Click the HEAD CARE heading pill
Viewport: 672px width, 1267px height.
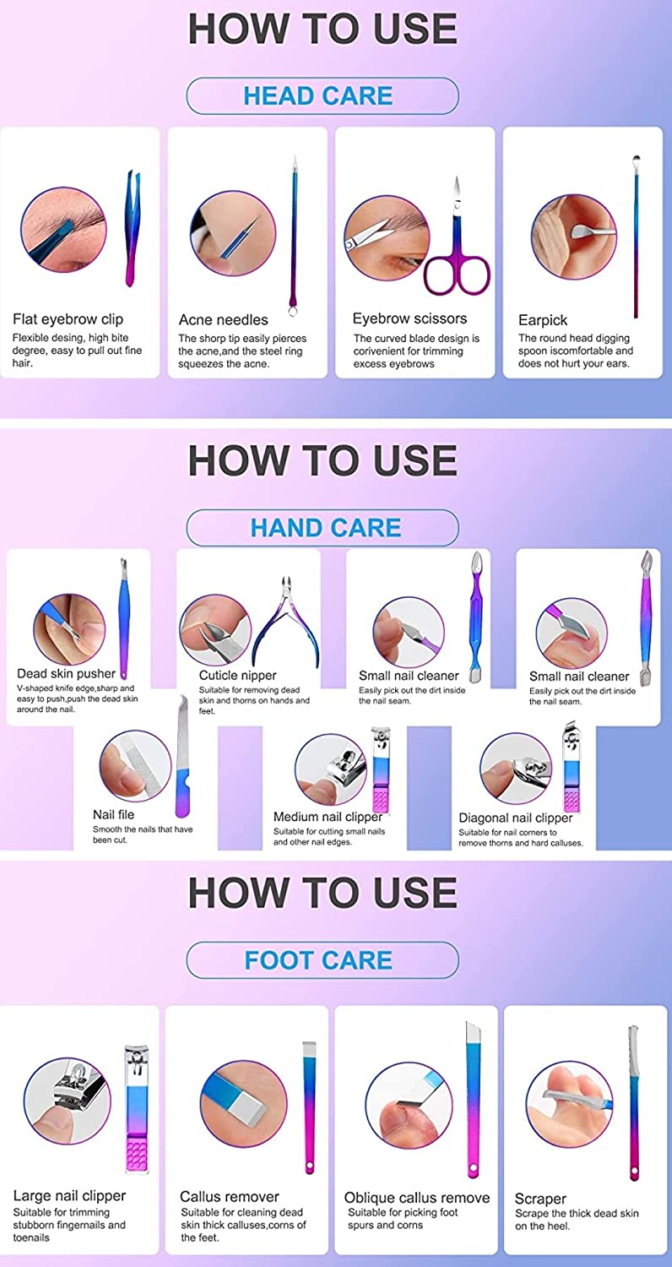[322, 95]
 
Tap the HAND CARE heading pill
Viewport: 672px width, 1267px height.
[322, 528]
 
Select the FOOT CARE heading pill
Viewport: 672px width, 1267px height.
[322, 960]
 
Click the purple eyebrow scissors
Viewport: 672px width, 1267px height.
[458, 271]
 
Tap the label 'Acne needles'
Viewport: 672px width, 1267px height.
[223, 319]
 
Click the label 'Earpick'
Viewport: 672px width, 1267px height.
[543, 320]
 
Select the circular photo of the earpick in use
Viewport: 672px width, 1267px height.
[574, 237]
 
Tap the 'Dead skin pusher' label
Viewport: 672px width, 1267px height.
[66, 673]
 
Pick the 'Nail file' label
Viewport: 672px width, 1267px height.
[114, 814]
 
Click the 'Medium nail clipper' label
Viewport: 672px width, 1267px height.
[328, 817]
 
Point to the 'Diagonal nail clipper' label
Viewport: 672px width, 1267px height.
[516, 818]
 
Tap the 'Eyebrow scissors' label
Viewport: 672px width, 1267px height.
[409, 318]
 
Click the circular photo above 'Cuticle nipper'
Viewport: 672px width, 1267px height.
[215, 629]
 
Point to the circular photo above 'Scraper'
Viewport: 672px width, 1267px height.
[570, 1104]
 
